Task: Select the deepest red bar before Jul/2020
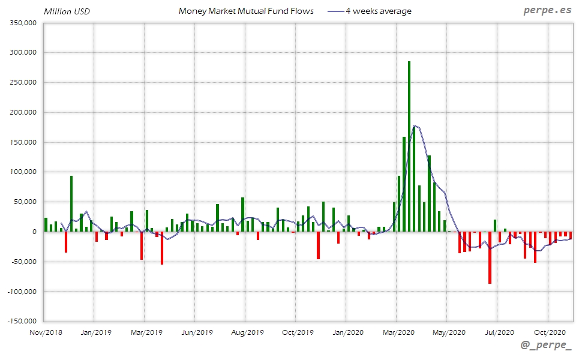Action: click(x=490, y=257)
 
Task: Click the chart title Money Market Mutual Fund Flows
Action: click(x=246, y=11)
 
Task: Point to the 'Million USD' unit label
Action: click(x=67, y=11)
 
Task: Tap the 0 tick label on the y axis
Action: click(x=34, y=232)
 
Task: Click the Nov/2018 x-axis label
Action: click(x=46, y=332)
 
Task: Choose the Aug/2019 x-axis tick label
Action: click(x=247, y=332)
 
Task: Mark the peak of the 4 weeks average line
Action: click(x=415, y=125)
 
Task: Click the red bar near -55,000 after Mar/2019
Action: click(x=162, y=248)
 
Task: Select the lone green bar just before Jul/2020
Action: click(x=495, y=226)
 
